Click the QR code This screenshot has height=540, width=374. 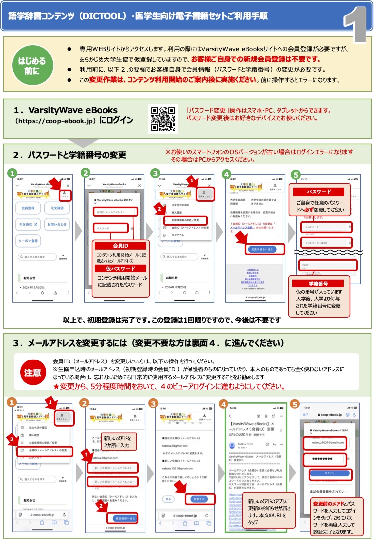[x=163, y=119]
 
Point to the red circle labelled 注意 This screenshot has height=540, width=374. [x=32, y=372]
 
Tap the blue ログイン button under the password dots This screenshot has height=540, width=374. [x=326, y=473]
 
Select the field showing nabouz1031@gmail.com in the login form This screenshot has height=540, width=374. [x=326, y=442]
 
